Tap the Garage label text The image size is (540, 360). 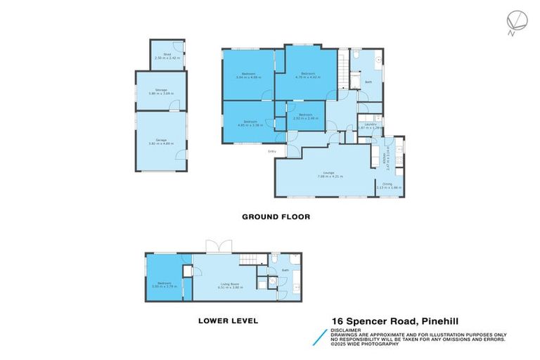161,140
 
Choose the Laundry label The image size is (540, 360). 371,124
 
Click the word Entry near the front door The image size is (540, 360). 271,151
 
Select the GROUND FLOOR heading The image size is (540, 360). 276,217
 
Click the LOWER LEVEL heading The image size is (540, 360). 227,321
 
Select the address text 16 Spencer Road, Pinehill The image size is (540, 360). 395,321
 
